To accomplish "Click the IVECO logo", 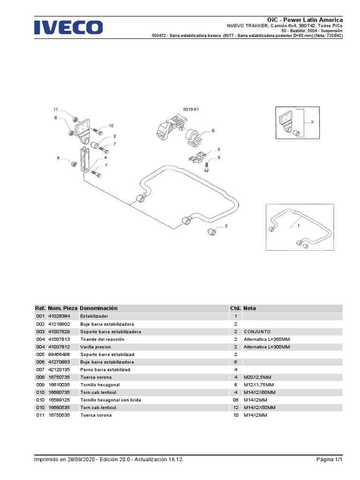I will (x=68, y=27).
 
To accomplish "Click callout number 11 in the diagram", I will (x=55, y=109).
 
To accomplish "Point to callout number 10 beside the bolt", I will (x=111, y=126).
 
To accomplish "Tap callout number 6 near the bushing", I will (x=213, y=131).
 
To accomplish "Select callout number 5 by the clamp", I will (x=218, y=150).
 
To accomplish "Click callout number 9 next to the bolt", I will (x=218, y=157).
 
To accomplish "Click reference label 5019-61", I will (x=191, y=109).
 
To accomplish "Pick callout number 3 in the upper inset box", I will (x=311, y=122).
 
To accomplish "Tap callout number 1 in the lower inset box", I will (x=299, y=225).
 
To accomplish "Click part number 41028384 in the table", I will (x=59, y=316).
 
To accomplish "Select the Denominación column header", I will (x=99, y=308).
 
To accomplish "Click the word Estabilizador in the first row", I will (x=94, y=316).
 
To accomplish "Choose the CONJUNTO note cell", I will (x=257, y=331).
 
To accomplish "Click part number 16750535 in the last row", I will (x=59, y=415).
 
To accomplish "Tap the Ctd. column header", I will (x=235, y=308).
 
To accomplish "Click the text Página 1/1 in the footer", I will (x=330, y=459).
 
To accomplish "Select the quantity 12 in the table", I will (x=236, y=407).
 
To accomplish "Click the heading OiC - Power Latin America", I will (x=305, y=20).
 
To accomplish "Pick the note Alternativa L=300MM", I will (x=267, y=346).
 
